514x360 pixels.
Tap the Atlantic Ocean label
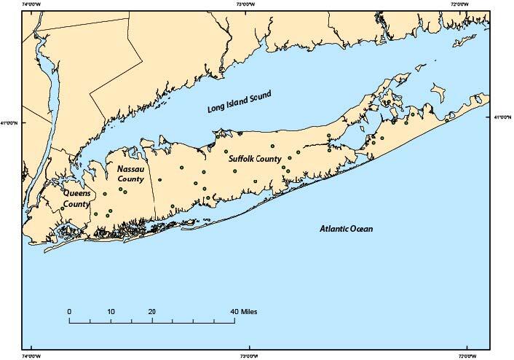[x=346, y=230]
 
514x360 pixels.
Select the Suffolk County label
[x=255, y=158]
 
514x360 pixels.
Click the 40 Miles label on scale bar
[x=244, y=311]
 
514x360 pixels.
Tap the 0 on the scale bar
[x=69, y=311]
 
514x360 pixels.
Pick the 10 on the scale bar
[x=111, y=311]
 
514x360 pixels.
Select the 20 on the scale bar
[x=151, y=311]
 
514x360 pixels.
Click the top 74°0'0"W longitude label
[x=32, y=4]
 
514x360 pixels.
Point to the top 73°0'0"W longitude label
[x=249, y=4]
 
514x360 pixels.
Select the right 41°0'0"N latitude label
[x=503, y=117]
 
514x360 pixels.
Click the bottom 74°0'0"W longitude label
[x=32, y=356]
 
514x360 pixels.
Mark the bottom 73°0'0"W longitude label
[x=249, y=356]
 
